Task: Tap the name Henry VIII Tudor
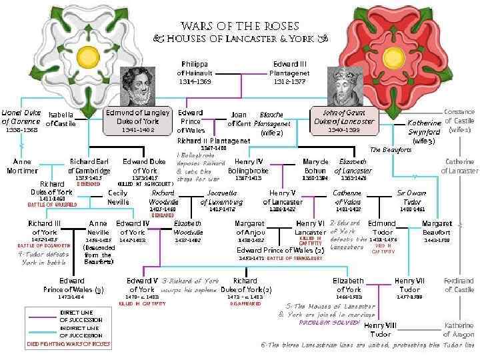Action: click(381, 329)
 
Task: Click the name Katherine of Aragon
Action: click(459, 329)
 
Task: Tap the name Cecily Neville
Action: click(118, 197)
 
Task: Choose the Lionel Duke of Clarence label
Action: click(21, 117)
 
